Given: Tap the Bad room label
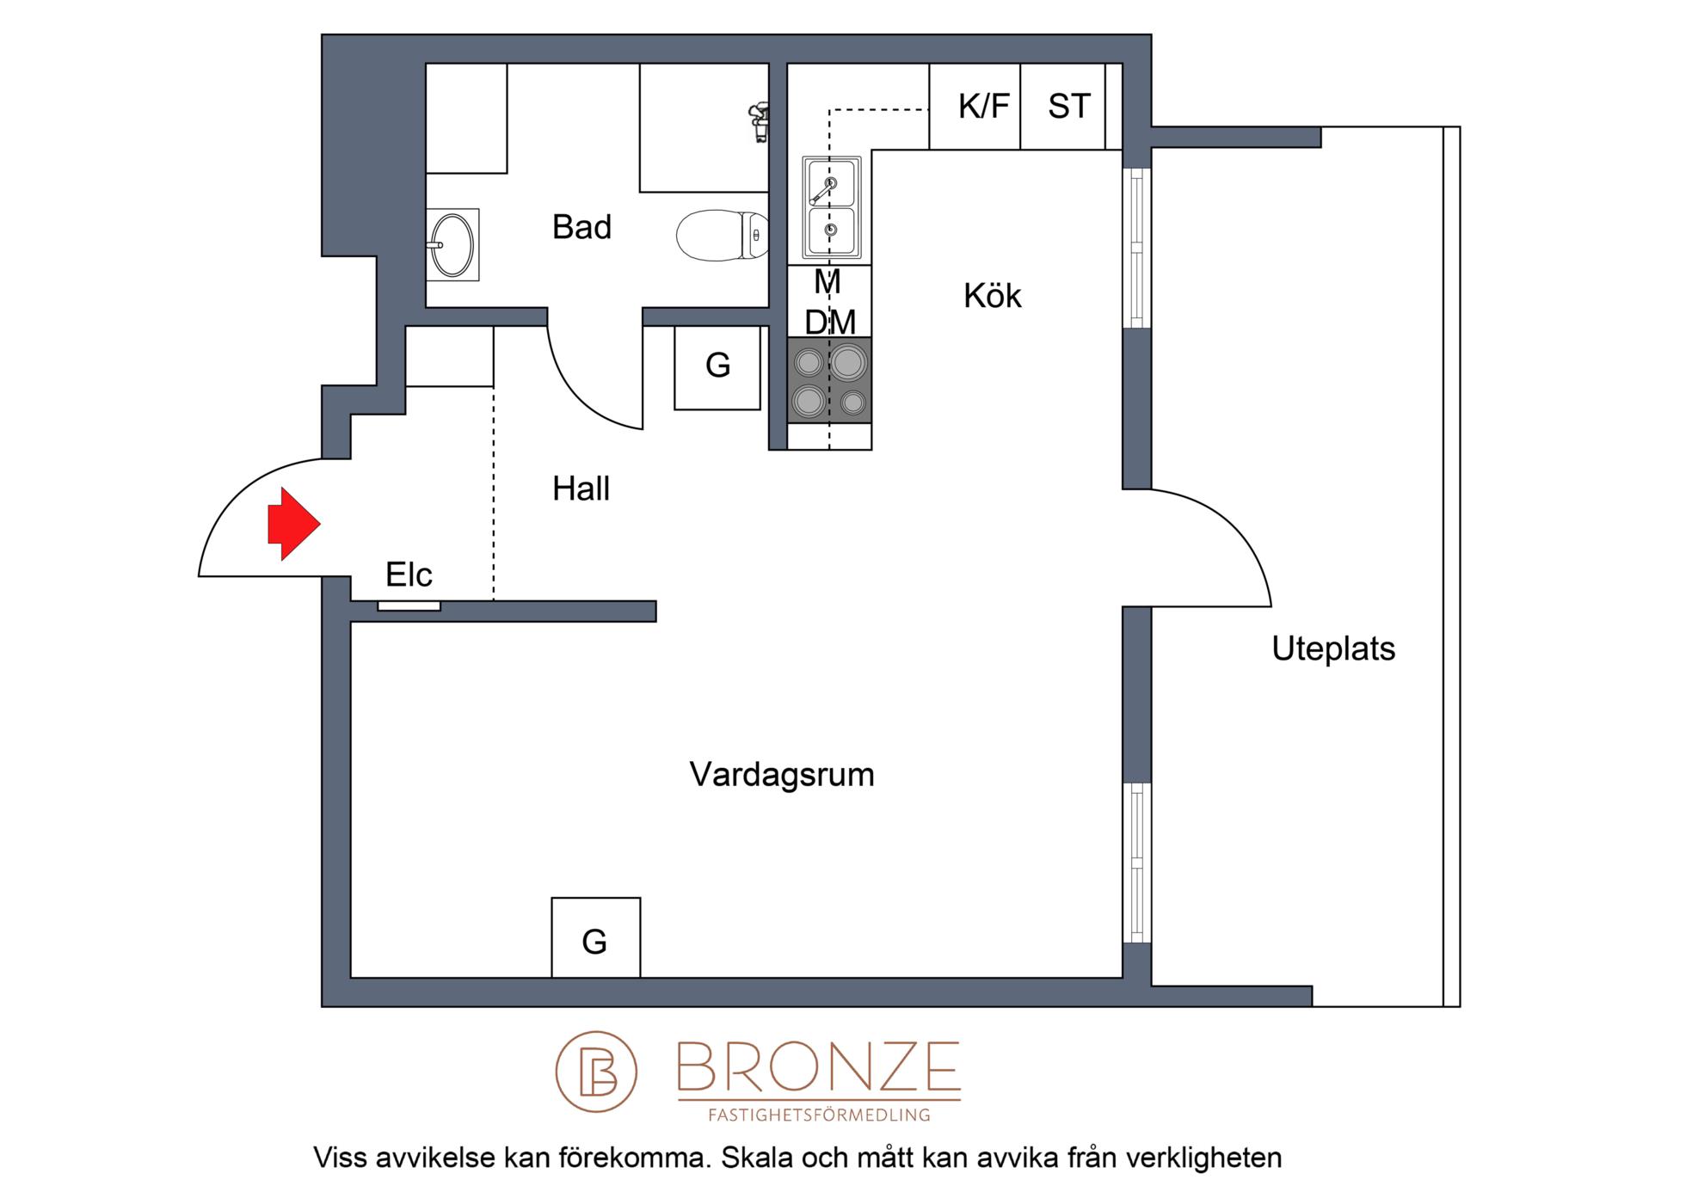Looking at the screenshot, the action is coord(581,227).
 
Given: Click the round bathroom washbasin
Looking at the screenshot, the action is coord(452,244).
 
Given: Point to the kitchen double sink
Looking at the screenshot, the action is coord(831,207).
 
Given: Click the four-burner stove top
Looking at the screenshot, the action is coord(829,380).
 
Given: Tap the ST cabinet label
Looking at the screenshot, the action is coord(1069,107).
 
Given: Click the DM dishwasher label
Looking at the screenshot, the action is coord(830,323).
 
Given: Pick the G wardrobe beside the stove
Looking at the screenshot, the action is coord(717,367).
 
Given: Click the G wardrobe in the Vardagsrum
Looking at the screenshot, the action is coord(595,937).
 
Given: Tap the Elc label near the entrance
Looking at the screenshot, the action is coord(409,574).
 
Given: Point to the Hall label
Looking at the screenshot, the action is coord(581,488).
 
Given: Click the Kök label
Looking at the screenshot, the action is coord(992,296).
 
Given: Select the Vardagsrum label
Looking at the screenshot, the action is coord(782,775).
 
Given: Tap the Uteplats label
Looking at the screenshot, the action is coord(1333,648).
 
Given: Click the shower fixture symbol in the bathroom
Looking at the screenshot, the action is coord(758,123).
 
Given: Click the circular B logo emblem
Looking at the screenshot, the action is coord(596,1072).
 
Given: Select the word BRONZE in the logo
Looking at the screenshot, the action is coord(819,1066).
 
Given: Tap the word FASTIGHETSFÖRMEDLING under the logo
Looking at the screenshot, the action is coord(819,1115).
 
